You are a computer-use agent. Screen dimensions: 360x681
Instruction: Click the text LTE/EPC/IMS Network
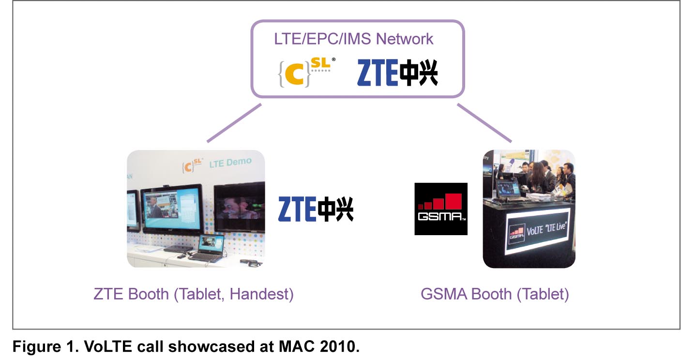click(353, 39)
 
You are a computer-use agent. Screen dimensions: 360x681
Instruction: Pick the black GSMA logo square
click(441, 209)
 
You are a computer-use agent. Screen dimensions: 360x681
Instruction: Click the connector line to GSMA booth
click(484, 124)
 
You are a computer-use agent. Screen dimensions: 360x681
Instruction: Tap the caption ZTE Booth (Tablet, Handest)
click(194, 294)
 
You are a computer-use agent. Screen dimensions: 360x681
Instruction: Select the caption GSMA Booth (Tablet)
click(495, 294)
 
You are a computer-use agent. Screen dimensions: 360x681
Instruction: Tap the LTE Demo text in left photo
click(230, 164)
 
